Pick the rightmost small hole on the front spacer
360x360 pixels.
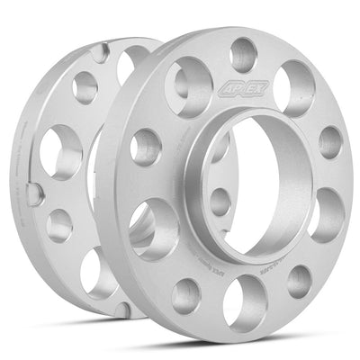(330, 141)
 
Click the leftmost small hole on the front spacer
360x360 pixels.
(146, 146)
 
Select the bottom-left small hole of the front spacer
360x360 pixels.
(186, 292)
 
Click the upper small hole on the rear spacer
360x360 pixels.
(85, 87)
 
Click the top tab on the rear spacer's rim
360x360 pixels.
(99, 51)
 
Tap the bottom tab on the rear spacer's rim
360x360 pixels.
(123, 310)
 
